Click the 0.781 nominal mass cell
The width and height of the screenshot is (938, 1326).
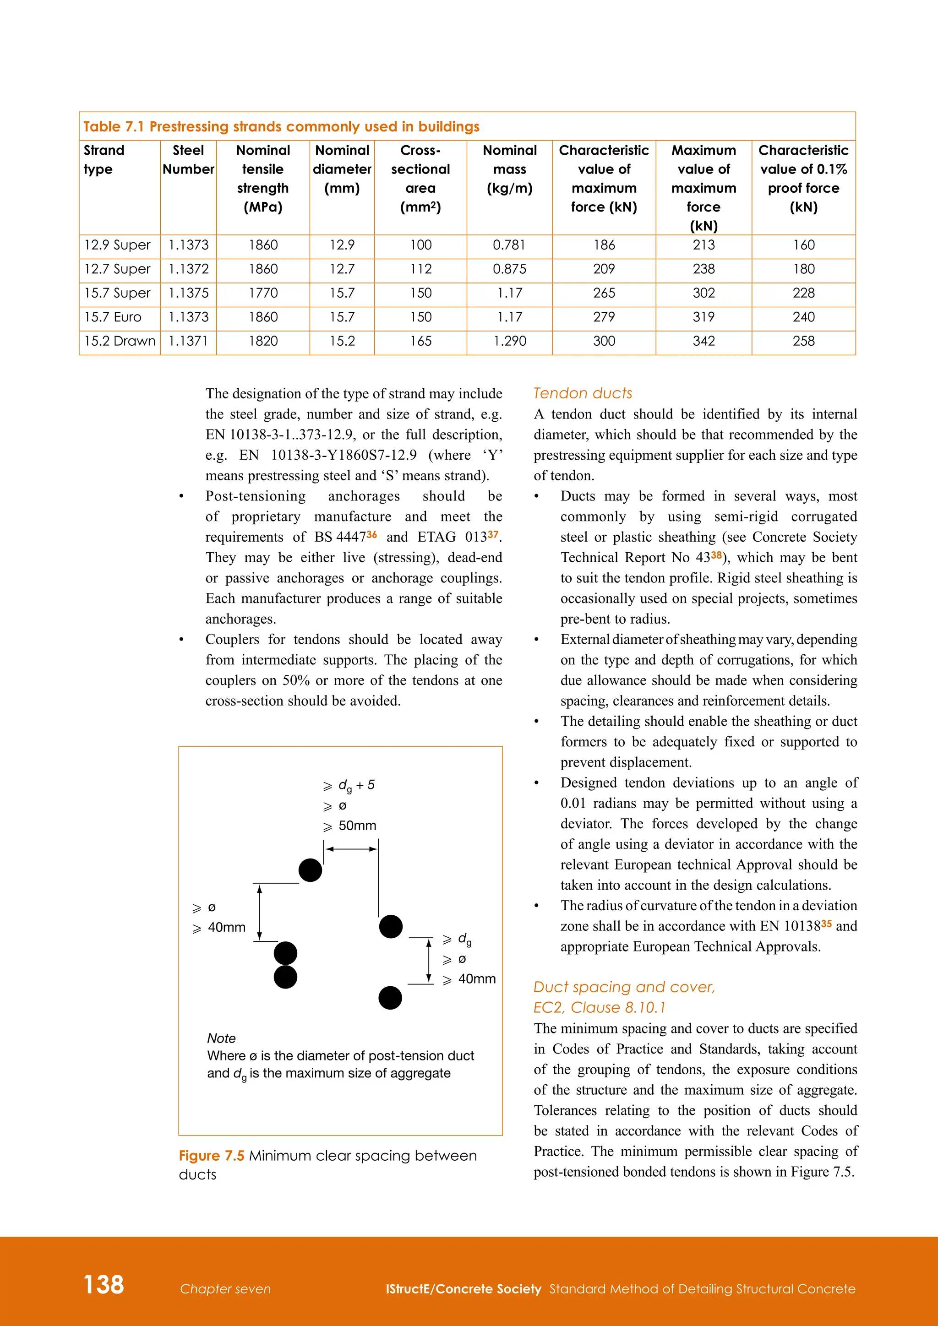pos(509,245)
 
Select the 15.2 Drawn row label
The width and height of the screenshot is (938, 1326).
pos(120,341)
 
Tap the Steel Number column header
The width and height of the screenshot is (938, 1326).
pos(188,159)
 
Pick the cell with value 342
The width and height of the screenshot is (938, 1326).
pos(703,341)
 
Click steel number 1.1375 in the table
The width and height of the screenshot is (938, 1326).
pos(188,293)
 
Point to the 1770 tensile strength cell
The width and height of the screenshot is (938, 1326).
pos(263,293)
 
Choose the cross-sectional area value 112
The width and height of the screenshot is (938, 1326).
pos(420,269)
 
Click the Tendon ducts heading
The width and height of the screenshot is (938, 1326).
pos(582,393)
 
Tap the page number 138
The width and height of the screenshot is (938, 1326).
pos(104,1284)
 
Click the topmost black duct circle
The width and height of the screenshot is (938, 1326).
pos(310,870)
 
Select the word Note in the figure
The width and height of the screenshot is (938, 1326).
pos(221,1038)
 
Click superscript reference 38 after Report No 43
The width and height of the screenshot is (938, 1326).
pos(716,555)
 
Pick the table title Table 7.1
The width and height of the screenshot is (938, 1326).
pos(113,126)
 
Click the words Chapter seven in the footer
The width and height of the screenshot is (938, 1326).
pos(225,1289)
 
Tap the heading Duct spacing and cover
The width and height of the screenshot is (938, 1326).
pos(624,987)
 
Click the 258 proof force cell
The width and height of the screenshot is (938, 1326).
pos(803,341)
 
